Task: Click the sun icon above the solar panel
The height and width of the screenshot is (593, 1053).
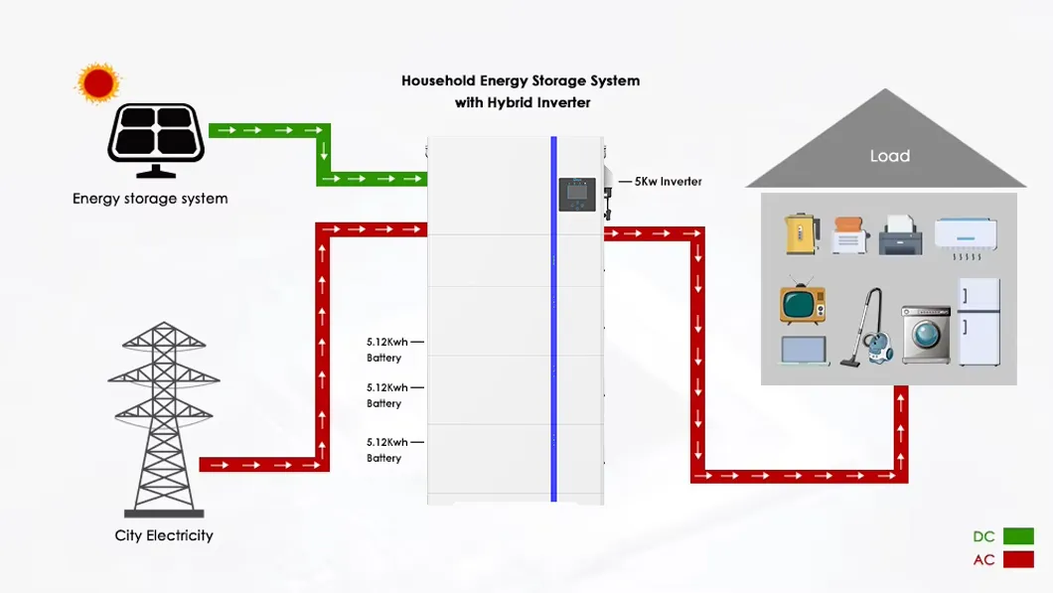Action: (x=97, y=83)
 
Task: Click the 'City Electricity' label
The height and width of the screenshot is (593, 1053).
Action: (x=164, y=535)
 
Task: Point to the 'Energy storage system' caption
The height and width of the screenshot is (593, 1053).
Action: (x=150, y=199)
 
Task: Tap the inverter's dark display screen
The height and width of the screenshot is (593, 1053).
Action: (x=576, y=193)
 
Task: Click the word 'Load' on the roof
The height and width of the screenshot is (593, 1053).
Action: (x=889, y=156)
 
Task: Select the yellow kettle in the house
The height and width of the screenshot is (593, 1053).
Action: (x=800, y=234)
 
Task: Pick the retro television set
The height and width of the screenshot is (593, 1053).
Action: (x=802, y=301)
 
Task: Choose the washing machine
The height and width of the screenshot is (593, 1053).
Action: (x=926, y=334)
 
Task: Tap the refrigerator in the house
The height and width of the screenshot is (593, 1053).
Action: (x=978, y=324)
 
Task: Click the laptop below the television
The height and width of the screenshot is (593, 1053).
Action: (x=805, y=351)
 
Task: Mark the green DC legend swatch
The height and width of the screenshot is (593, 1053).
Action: (x=1018, y=536)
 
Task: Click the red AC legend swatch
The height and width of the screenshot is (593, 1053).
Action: (x=1018, y=559)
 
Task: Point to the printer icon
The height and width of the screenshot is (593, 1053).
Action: (x=900, y=234)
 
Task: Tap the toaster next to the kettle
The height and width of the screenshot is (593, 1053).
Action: (x=849, y=235)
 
